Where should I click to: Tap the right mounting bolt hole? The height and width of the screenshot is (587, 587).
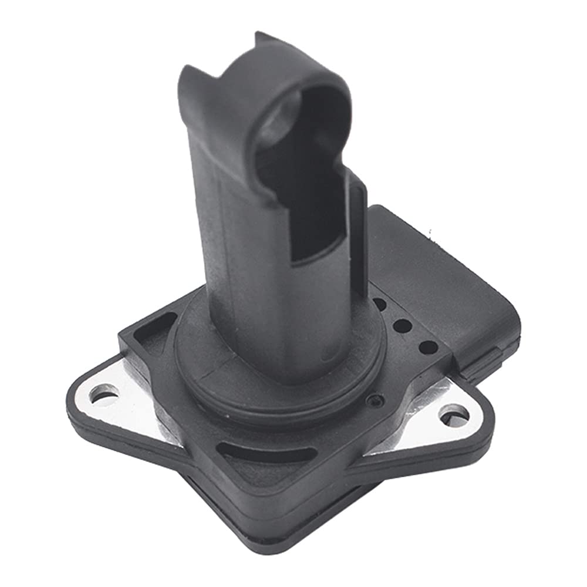point(454,416)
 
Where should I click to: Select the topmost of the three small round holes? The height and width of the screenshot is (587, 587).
point(380,305)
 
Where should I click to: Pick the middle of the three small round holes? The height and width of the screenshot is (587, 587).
point(402,325)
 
